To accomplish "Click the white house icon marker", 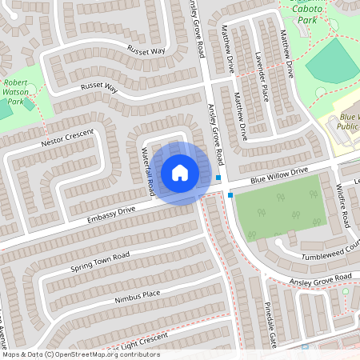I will pos(180,172).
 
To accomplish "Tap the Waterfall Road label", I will pos(149,171).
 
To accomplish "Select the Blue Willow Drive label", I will pos(278,175).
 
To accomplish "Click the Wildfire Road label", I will pos(341,204).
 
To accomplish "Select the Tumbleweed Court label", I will pos(329,256).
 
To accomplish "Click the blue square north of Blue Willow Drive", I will pos(218,178).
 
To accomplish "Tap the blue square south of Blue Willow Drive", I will pos(230,194).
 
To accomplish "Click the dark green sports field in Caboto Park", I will pos(334,64).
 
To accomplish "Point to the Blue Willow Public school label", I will pos(346,122).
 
